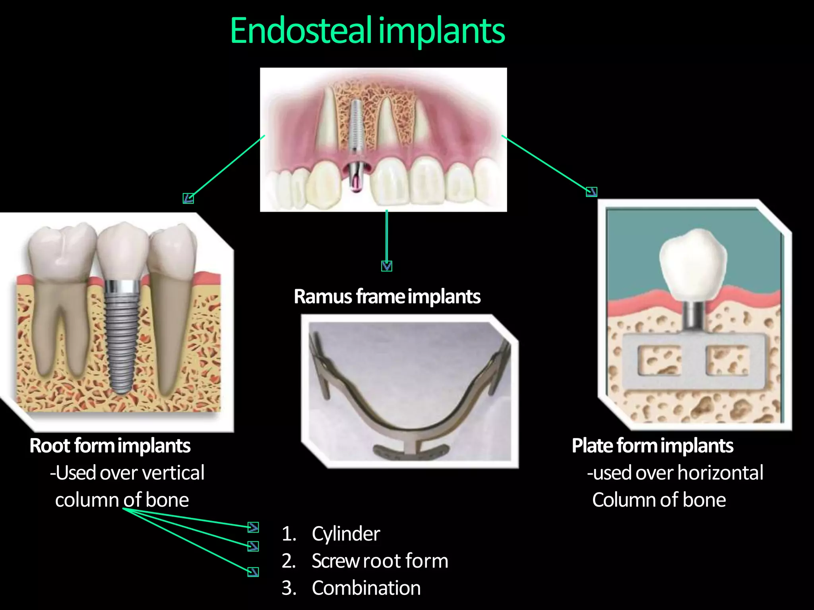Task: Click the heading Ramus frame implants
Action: coord(387,297)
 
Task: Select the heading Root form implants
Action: coord(110,446)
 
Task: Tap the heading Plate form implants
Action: coord(652,446)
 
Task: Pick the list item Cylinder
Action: coord(346,534)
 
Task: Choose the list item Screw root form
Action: coord(380,561)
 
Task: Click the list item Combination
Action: coord(366,588)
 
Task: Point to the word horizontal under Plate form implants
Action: coord(720,473)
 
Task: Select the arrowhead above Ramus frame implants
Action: coord(387,266)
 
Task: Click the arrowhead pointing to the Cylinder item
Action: coord(253,527)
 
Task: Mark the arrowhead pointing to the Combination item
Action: coord(253,571)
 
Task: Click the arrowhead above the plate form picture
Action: coord(591,192)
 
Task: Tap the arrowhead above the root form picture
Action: coord(188,198)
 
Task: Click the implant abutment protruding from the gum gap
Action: coord(356,177)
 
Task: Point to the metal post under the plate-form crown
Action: coord(694,316)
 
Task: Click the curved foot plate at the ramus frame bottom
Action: coord(411,451)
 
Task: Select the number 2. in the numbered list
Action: coord(289,561)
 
